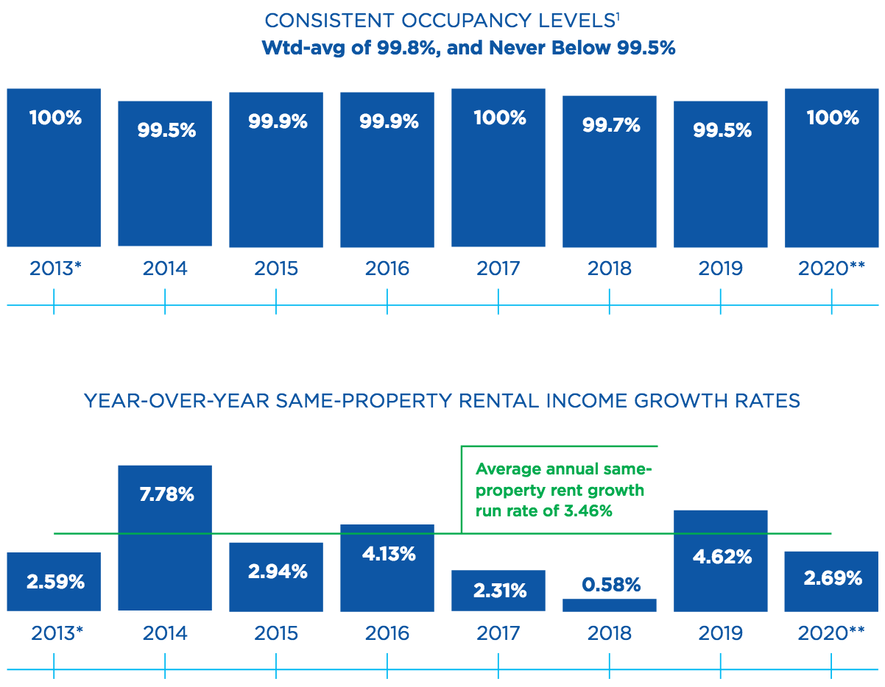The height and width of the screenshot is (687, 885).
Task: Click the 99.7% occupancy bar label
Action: [610, 126]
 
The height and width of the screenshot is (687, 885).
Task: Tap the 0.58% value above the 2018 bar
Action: [610, 585]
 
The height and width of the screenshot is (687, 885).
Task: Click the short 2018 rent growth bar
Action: [610, 605]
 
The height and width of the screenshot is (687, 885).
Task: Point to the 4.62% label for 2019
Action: [722, 556]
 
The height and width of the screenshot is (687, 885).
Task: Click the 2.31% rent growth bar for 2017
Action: [498, 590]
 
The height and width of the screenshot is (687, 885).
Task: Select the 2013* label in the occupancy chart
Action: [55, 268]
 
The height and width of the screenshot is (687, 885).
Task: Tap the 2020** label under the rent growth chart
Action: [831, 633]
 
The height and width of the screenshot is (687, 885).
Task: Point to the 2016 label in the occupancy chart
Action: [387, 268]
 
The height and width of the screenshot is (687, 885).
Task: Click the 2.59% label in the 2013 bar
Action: [55, 582]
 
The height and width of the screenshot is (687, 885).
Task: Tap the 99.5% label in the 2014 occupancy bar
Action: [166, 130]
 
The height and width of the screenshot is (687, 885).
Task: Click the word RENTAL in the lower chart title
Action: [509, 401]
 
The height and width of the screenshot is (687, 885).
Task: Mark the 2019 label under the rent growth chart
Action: [721, 633]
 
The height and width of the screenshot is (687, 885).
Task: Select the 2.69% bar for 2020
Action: [831, 581]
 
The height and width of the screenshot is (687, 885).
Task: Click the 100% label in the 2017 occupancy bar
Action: [500, 118]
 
